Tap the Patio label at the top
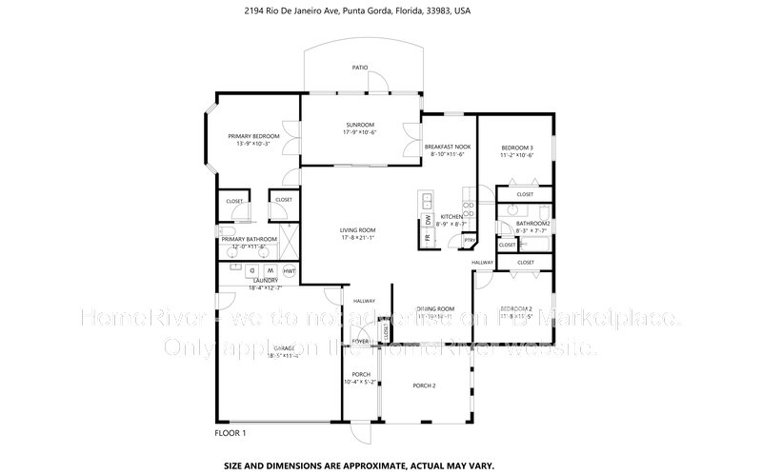click(359, 68)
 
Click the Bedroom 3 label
click(516, 148)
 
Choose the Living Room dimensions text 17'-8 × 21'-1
click(358, 238)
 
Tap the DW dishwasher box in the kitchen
click(429, 220)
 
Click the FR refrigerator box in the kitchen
click(428, 238)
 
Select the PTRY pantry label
click(469, 241)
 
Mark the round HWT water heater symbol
click(290, 271)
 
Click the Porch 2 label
click(424, 386)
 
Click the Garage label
click(284, 348)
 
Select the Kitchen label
click(451, 217)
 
